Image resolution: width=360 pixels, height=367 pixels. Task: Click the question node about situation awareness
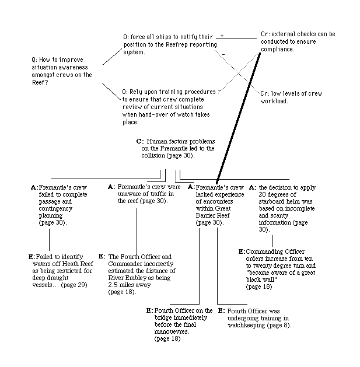pyautogui.click(x=62, y=71)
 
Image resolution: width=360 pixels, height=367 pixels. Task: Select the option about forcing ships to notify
pyautogui.click(x=170, y=44)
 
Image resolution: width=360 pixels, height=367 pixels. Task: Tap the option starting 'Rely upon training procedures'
pyautogui.click(x=169, y=107)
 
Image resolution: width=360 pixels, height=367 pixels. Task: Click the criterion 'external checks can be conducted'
pyautogui.click(x=298, y=41)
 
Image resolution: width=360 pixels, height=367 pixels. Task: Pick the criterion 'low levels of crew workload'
pyautogui.click(x=291, y=97)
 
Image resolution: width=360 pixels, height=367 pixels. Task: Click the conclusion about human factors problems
pyautogui.click(x=176, y=148)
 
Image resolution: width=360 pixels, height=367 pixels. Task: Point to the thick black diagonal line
pyautogui.click(x=238, y=118)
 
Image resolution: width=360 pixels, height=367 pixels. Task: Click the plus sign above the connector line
pyautogui.click(x=222, y=36)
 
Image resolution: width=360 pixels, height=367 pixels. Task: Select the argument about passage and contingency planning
pyautogui.click(x=59, y=205)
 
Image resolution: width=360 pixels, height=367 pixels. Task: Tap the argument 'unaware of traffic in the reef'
pyautogui.click(x=144, y=194)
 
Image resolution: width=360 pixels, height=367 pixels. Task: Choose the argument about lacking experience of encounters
pyautogui.click(x=216, y=205)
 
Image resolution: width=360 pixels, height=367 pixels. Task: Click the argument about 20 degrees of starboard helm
pyautogui.click(x=282, y=208)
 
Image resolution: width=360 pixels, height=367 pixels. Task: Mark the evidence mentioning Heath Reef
pyautogui.click(x=61, y=271)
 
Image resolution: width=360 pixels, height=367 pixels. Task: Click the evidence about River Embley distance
pyautogui.click(x=137, y=274)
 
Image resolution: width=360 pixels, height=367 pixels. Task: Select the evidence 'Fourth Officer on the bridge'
pyautogui.click(x=180, y=324)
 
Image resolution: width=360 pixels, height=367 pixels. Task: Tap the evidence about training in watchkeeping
pyautogui.click(x=255, y=318)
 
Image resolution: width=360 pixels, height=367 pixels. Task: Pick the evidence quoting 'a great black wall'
pyautogui.click(x=277, y=269)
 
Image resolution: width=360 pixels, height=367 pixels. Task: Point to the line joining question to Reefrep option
pyautogui.click(x=113, y=57)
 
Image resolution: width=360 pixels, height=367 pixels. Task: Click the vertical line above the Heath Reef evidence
pyautogui.click(x=49, y=240)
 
